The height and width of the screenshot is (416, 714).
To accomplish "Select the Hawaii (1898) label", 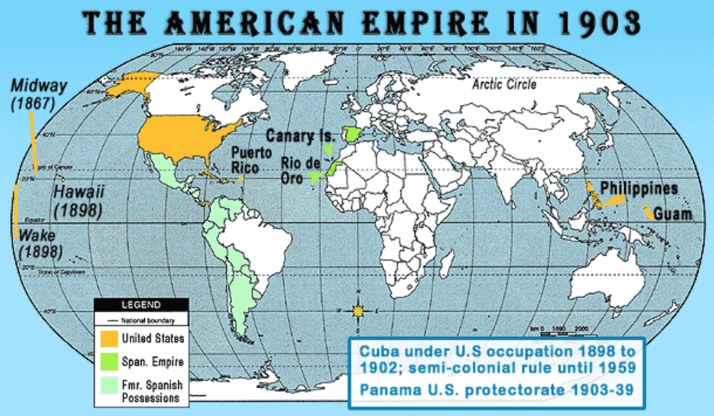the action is click(79, 201).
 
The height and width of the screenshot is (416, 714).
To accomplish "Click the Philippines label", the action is click(638, 188).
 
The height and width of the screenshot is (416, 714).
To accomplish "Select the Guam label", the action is click(673, 214).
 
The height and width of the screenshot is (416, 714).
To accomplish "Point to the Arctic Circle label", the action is click(503, 85).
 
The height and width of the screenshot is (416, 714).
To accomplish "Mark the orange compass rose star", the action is click(358, 310).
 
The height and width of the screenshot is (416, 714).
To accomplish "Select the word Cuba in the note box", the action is click(378, 352).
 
